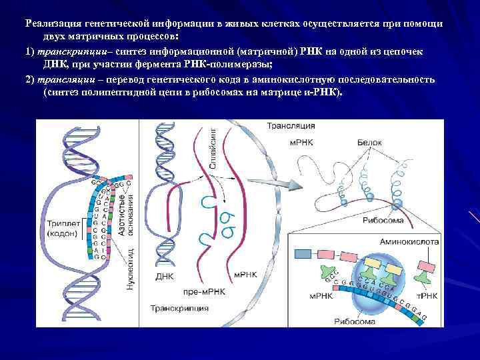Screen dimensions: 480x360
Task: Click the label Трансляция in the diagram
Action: pyautogui.click(x=286, y=126)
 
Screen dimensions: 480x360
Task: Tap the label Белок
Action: pyautogui.click(x=369, y=143)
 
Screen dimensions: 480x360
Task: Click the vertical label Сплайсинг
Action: pyautogui.click(x=213, y=150)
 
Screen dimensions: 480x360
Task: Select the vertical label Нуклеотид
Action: pyautogui.click(x=131, y=267)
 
